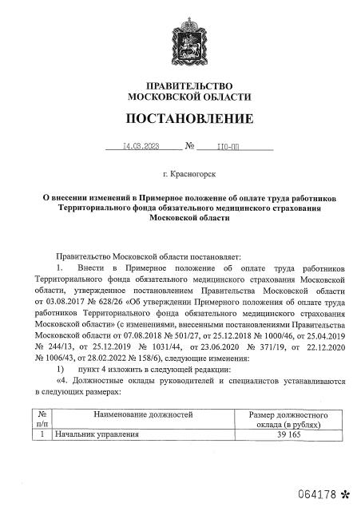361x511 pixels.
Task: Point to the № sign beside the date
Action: [x=190, y=147]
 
